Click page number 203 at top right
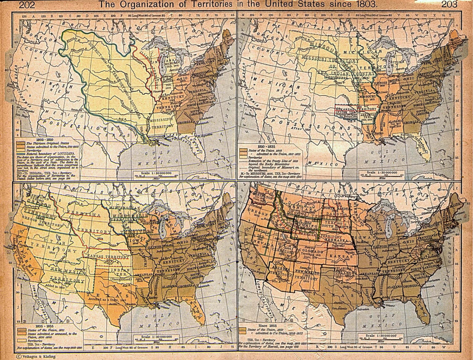[449, 5]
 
